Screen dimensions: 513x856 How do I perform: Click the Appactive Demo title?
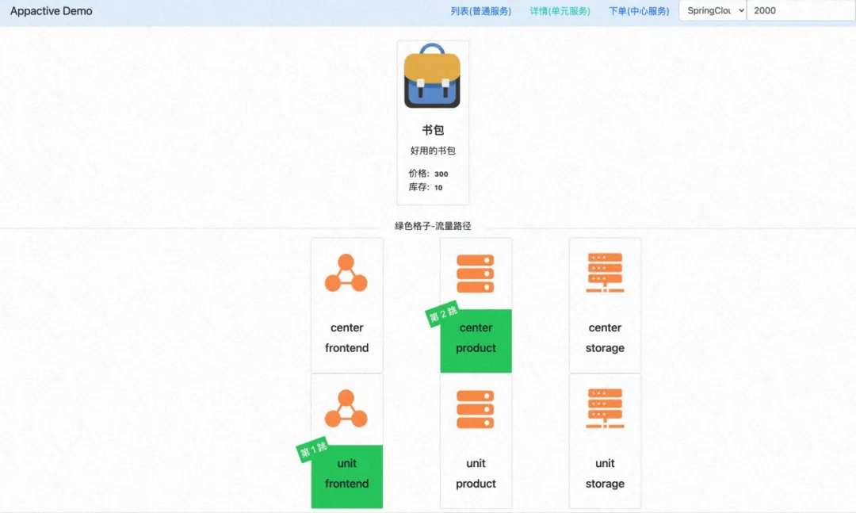point(52,11)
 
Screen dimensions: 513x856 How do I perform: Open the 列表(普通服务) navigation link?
point(481,11)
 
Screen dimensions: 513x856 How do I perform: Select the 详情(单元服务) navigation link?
point(560,11)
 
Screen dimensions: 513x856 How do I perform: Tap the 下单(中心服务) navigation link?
point(639,11)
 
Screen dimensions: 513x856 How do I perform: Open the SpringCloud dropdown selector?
point(713,11)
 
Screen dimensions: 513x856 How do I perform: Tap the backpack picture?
point(432,76)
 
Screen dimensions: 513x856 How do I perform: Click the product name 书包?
point(433,130)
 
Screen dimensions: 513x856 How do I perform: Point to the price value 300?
point(441,174)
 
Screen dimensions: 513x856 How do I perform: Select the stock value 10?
point(438,188)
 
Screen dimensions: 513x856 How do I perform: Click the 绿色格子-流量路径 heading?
point(433,226)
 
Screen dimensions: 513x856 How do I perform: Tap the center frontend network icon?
point(346,274)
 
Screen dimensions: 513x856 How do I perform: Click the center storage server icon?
point(605,273)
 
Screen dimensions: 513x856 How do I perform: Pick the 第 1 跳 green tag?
point(313,450)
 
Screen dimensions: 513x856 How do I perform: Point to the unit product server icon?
point(476,409)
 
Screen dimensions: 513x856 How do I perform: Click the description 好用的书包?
point(433,151)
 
